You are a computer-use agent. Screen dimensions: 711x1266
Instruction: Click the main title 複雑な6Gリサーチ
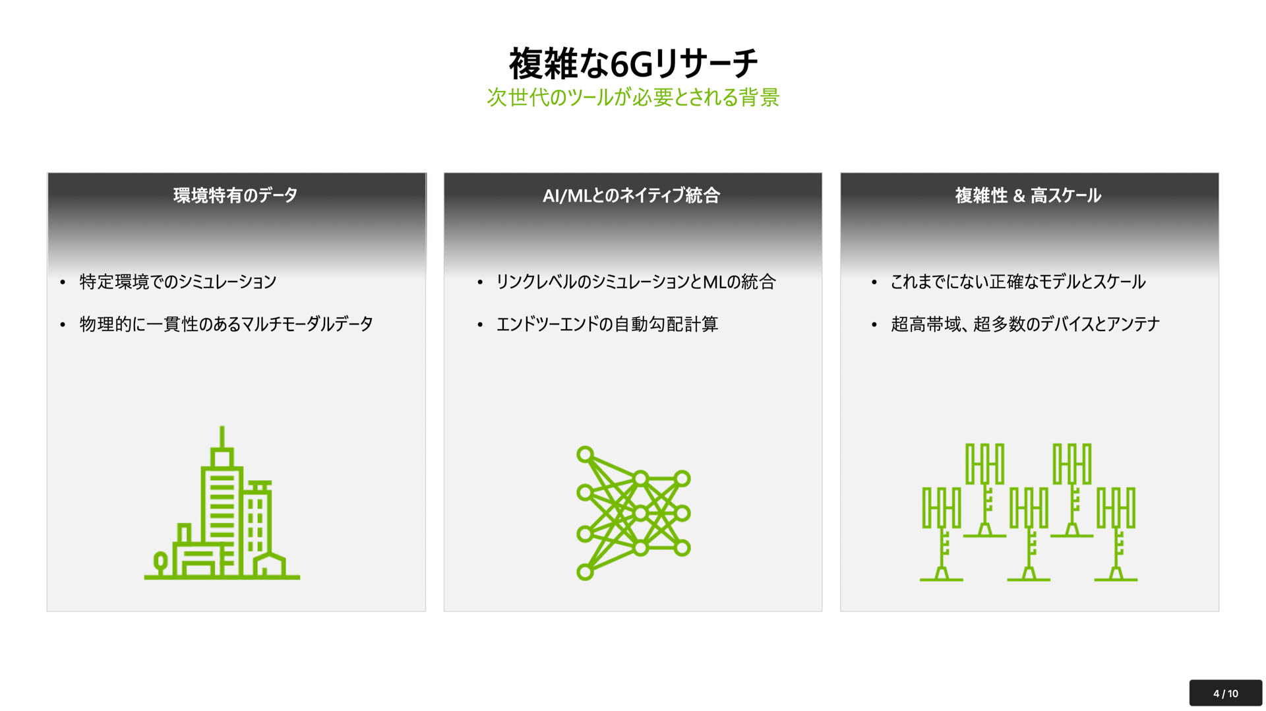(633, 63)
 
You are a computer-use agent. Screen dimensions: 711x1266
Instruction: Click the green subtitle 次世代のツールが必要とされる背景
(633, 98)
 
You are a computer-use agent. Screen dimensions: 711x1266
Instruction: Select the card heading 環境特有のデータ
(235, 195)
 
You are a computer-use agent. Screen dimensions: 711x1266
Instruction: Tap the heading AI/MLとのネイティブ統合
(631, 195)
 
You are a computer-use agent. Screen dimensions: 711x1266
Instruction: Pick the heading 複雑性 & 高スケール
(1028, 195)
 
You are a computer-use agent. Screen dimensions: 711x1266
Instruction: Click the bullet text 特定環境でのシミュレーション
(178, 282)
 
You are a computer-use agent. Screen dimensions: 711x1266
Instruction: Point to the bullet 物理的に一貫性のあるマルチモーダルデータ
(226, 324)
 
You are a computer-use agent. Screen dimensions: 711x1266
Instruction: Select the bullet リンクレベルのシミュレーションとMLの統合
(636, 282)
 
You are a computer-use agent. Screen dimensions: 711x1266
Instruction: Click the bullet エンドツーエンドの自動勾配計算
(607, 324)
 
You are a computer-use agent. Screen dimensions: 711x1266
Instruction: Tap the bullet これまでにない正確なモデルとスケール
(1018, 282)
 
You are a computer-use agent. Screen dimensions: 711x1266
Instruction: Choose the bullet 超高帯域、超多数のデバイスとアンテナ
(1025, 324)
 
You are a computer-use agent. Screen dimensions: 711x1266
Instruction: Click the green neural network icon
(633, 512)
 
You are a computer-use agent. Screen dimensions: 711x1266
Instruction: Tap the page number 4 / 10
(1225, 693)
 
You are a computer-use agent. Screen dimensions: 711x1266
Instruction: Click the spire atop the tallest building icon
(222, 437)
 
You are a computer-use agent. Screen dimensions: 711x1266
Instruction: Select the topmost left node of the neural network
(585, 454)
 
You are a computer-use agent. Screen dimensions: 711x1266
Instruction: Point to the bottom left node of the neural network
(585, 572)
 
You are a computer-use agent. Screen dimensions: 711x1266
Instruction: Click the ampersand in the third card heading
(1019, 196)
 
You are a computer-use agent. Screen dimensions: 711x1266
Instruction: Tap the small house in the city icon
(270, 565)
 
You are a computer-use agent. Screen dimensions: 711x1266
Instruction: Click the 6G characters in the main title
(631, 65)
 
